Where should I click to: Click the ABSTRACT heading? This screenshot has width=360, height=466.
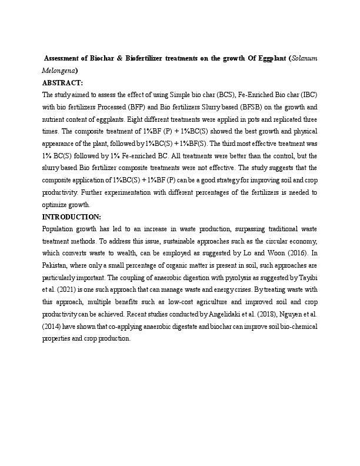click(x=62, y=82)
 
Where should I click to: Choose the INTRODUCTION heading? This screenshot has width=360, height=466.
click(x=72, y=217)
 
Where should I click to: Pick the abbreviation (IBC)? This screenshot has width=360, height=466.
click(x=308, y=94)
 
